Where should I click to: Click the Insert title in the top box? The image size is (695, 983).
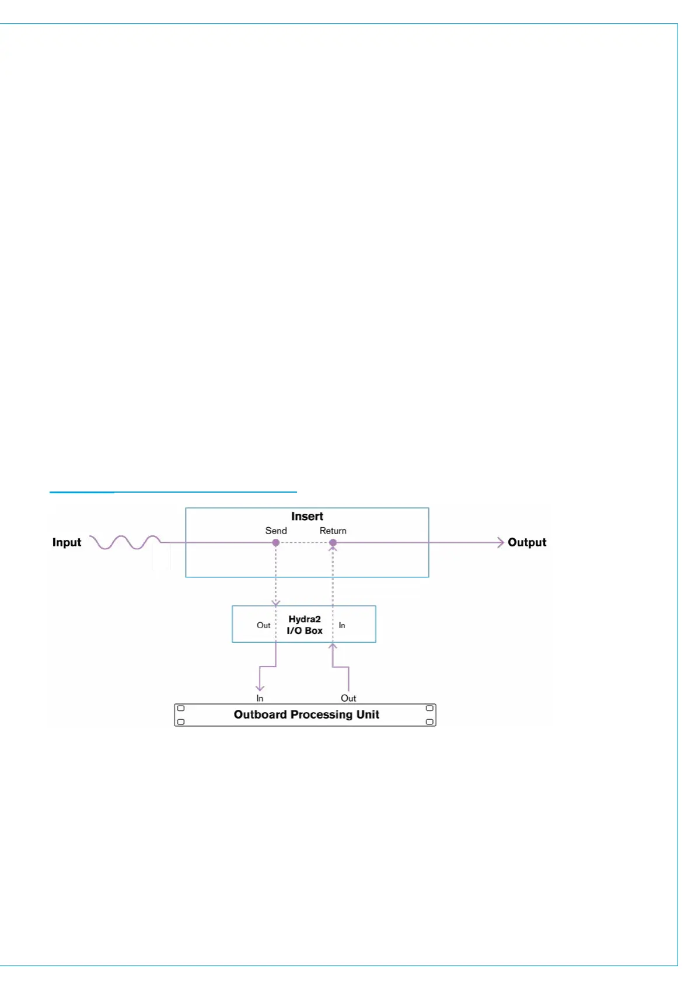[x=307, y=516]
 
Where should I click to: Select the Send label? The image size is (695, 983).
[x=276, y=531]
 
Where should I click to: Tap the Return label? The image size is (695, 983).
[x=333, y=531]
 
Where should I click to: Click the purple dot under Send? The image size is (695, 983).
[x=276, y=543]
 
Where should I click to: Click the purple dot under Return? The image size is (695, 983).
[x=333, y=543]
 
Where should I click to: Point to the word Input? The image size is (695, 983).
[x=67, y=542]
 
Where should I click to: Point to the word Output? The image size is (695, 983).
[x=527, y=542]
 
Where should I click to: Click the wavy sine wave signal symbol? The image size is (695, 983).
[x=125, y=542]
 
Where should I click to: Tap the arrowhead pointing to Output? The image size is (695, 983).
[x=500, y=542]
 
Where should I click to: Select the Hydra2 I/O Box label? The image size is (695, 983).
[x=305, y=625]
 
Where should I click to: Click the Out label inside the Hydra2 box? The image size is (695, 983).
[x=264, y=625]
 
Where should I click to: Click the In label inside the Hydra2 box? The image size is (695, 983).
[x=342, y=625]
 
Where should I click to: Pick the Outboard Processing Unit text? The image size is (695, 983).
[x=306, y=714]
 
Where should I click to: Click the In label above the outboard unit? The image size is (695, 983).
[x=260, y=698]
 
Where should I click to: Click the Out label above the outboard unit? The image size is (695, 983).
[x=348, y=698]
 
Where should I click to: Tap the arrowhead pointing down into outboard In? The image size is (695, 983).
[x=260, y=688]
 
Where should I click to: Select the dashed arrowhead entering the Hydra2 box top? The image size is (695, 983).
[x=276, y=602]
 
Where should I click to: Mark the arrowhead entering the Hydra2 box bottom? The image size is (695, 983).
[x=333, y=646]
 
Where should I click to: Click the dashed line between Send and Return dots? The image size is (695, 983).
[x=304, y=543]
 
